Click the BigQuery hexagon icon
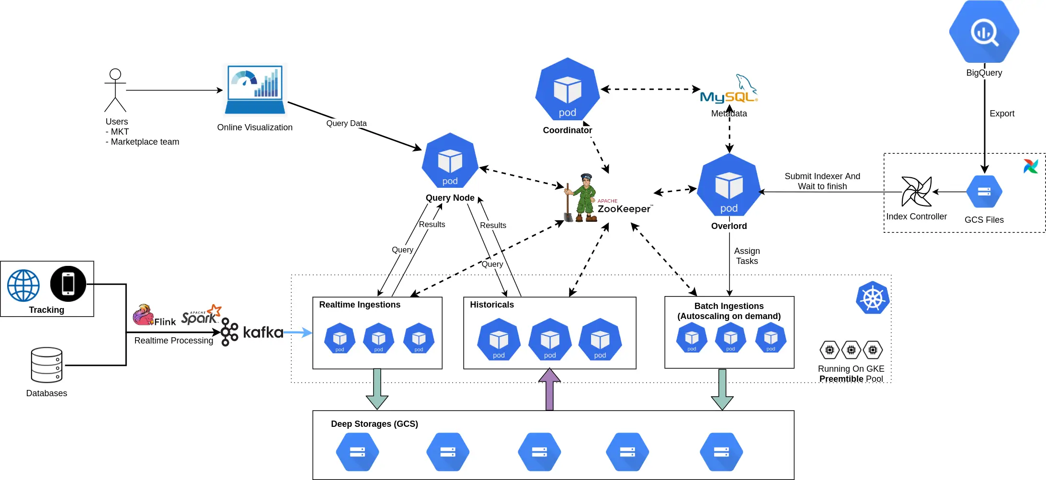(984, 32)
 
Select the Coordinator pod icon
(567, 91)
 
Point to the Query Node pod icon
(450, 162)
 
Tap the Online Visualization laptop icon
(255, 90)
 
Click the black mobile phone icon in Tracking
(68, 284)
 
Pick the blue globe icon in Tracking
(23, 286)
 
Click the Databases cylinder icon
(46, 365)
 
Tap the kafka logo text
(262, 332)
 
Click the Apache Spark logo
(201, 315)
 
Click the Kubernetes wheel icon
(873, 298)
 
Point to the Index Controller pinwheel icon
(916, 192)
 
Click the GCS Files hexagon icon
(984, 192)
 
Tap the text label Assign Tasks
(747, 256)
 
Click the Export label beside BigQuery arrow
(1001, 114)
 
